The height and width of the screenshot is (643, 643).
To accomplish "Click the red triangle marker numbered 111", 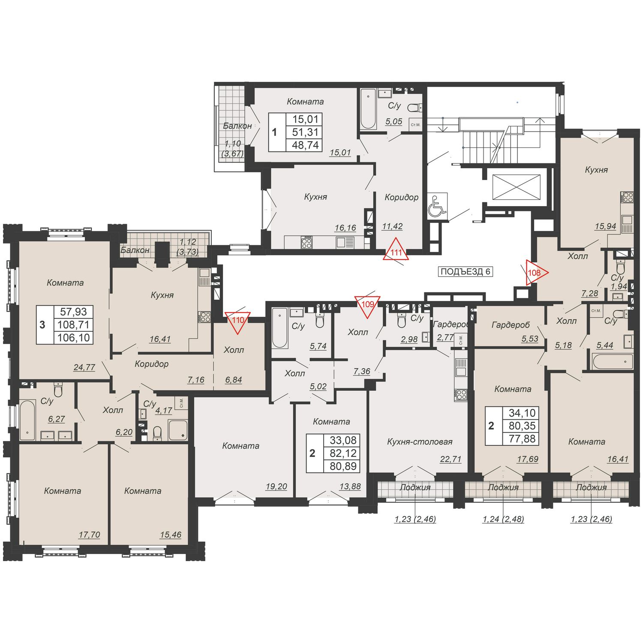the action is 397,250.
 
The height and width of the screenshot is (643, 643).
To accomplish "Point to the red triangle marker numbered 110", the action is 238,321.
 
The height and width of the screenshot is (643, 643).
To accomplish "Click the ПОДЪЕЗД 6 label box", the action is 465,272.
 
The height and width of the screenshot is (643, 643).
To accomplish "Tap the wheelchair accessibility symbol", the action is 437,207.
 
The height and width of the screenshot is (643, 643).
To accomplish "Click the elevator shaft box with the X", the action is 518,187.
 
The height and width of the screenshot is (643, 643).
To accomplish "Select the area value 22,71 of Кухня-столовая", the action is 451,460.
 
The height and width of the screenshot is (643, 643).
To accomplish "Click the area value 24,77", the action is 84,367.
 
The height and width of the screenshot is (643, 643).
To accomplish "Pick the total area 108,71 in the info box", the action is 73,325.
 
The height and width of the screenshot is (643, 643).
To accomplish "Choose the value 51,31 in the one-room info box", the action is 305,132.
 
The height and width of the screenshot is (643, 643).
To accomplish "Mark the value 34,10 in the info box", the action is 522,413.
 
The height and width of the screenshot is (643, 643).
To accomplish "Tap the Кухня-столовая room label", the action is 420,442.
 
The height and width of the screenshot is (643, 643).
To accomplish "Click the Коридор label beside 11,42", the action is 401,198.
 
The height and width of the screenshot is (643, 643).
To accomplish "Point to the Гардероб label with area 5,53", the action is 511,325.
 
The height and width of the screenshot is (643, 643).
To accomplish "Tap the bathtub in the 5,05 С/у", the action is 368,109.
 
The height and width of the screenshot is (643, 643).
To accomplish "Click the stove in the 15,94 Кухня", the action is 628,197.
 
